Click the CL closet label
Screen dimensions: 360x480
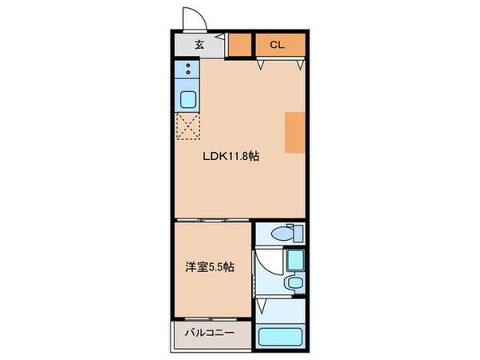pyautogui.click(x=275, y=45)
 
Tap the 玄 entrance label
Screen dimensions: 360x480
pyautogui.click(x=198, y=45)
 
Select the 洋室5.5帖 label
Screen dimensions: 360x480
pyautogui.click(x=210, y=266)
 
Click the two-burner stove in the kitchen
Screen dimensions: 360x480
pyautogui.click(x=188, y=71)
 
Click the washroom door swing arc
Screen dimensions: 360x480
pyautogui.click(x=265, y=268)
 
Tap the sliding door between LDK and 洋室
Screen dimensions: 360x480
pyautogui.click(x=214, y=218)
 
